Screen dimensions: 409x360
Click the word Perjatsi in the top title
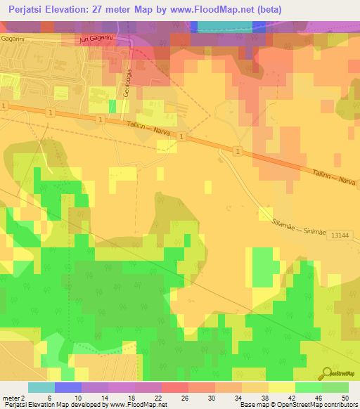point(27,10)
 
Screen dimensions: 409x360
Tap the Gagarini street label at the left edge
point(13,40)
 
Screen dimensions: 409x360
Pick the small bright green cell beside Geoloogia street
point(112,106)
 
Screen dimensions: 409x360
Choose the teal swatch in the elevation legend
point(41,387)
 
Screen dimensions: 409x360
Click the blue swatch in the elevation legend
point(68,387)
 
